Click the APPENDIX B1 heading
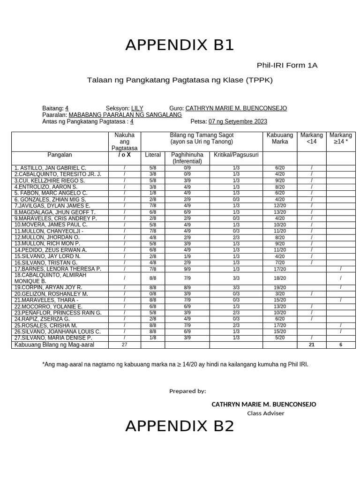[x=180, y=45]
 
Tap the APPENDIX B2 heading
[x=180, y=426]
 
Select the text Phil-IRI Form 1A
[x=287, y=65]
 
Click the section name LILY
[x=137, y=108]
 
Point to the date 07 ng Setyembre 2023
[x=238, y=121]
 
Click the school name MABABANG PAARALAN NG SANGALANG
[x=125, y=115]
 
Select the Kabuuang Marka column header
[x=280, y=138]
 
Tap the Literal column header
[x=153, y=155]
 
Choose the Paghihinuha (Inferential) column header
[x=187, y=158]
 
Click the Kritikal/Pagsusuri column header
[x=236, y=155]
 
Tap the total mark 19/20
[x=280, y=287]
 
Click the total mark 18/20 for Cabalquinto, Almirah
[x=280, y=278]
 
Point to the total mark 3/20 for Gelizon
[x=280, y=294]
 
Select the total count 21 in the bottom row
[x=312, y=345]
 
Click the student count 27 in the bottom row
[x=124, y=345]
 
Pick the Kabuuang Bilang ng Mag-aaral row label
[x=54, y=345]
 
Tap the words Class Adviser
[x=265, y=413]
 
